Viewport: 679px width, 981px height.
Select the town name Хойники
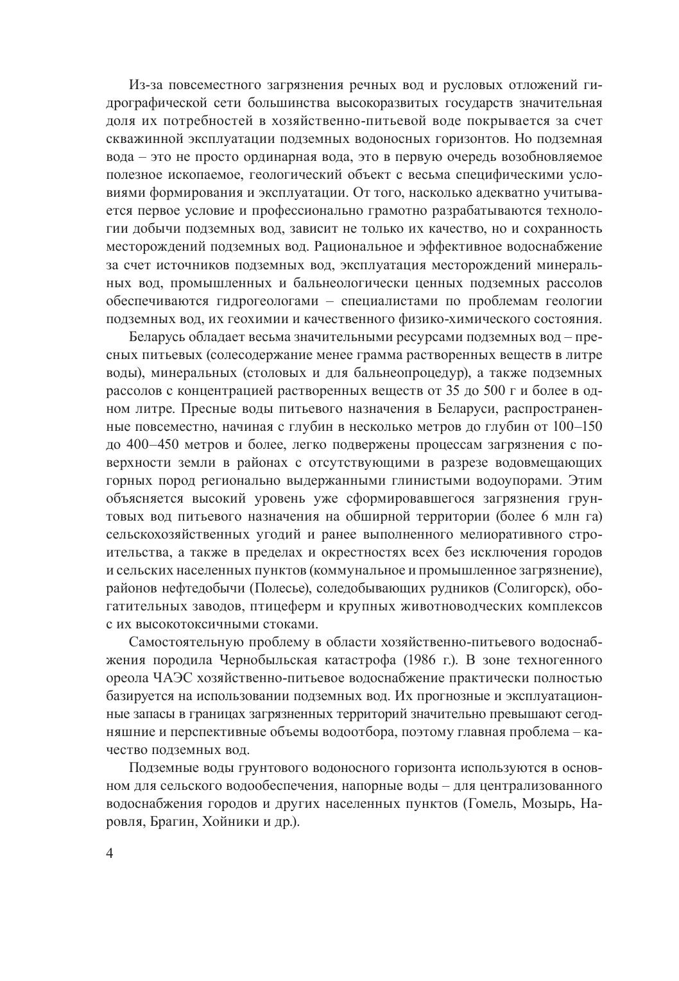pos(230,821)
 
